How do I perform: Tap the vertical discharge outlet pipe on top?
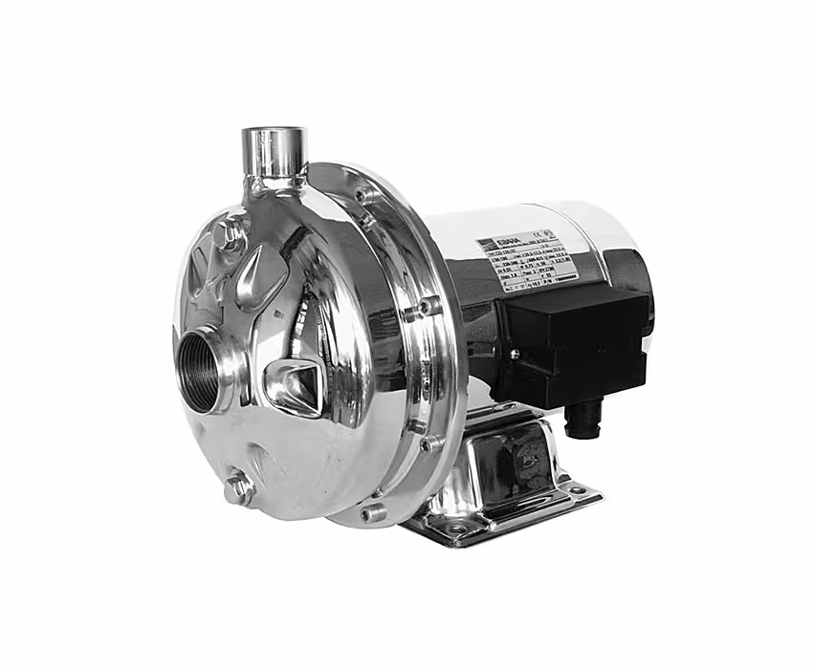pos(274,153)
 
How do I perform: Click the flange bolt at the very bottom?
pos(373,512)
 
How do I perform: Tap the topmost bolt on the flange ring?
pos(365,196)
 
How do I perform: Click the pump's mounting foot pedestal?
pos(497,468)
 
